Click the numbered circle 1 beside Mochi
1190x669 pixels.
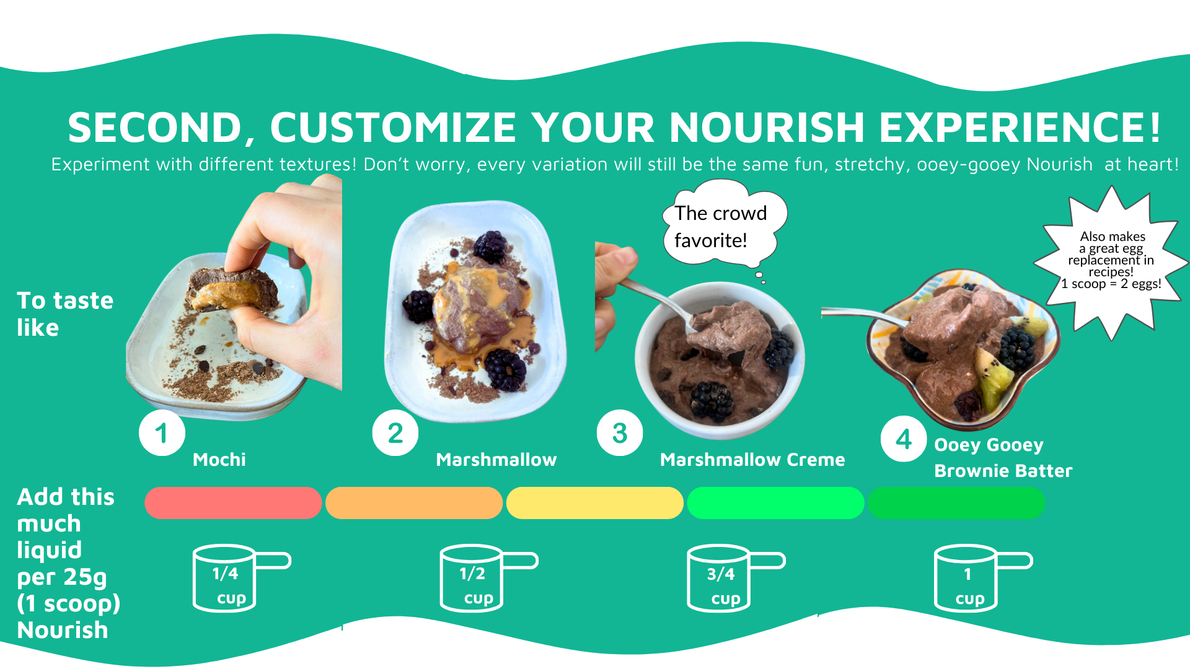tap(162, 433)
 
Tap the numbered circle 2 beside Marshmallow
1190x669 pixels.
tap(395, 433)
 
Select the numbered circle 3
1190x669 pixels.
tap(620, 433)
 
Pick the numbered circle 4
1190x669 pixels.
tap(904, 439)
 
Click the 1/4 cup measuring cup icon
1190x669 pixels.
tap(241, 578)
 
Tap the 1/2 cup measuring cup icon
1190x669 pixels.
tap(488, 578)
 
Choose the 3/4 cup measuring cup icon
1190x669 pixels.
tap(736, 578)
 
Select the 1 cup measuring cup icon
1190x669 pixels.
tap(983, 578)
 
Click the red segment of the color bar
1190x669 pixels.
tap(233, 502)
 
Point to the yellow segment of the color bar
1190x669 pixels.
tap(595, 502)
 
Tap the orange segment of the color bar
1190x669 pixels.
tap(414, 502)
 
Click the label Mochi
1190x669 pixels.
tap(219, 460)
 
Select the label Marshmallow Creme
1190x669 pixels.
tap(752, 460)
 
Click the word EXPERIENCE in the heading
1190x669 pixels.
tap(1020, 127)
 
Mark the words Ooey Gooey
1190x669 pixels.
tap(989, 445)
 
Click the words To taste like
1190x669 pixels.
tap(65, 314)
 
